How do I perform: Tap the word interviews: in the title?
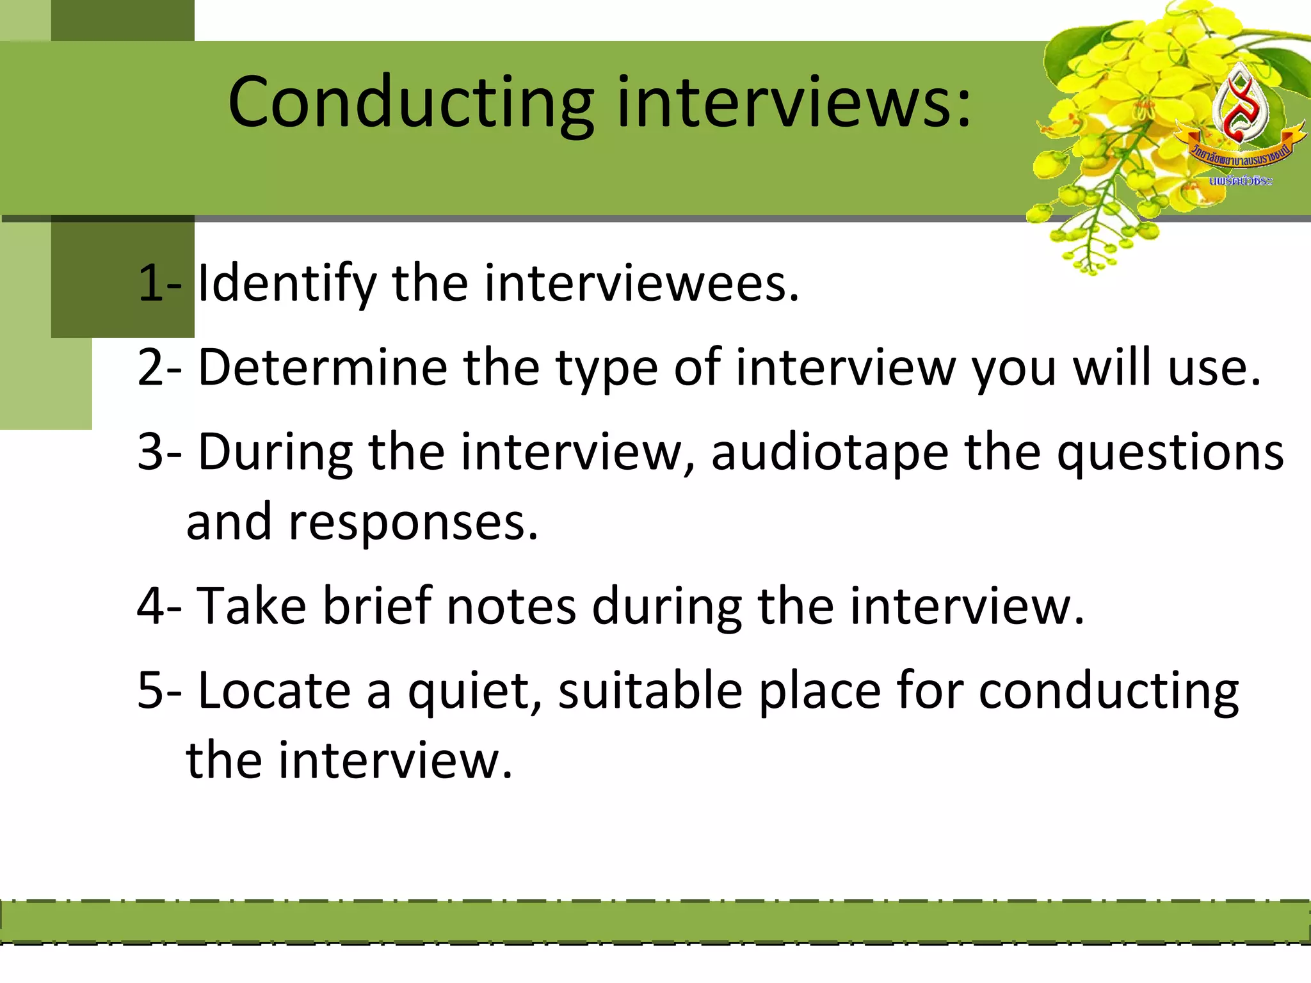click(x=794, y=102)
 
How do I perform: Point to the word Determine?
click(x=323, y=368)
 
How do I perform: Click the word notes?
click(x=511, y=606)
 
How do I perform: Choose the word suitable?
click(x=650, y=691)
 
